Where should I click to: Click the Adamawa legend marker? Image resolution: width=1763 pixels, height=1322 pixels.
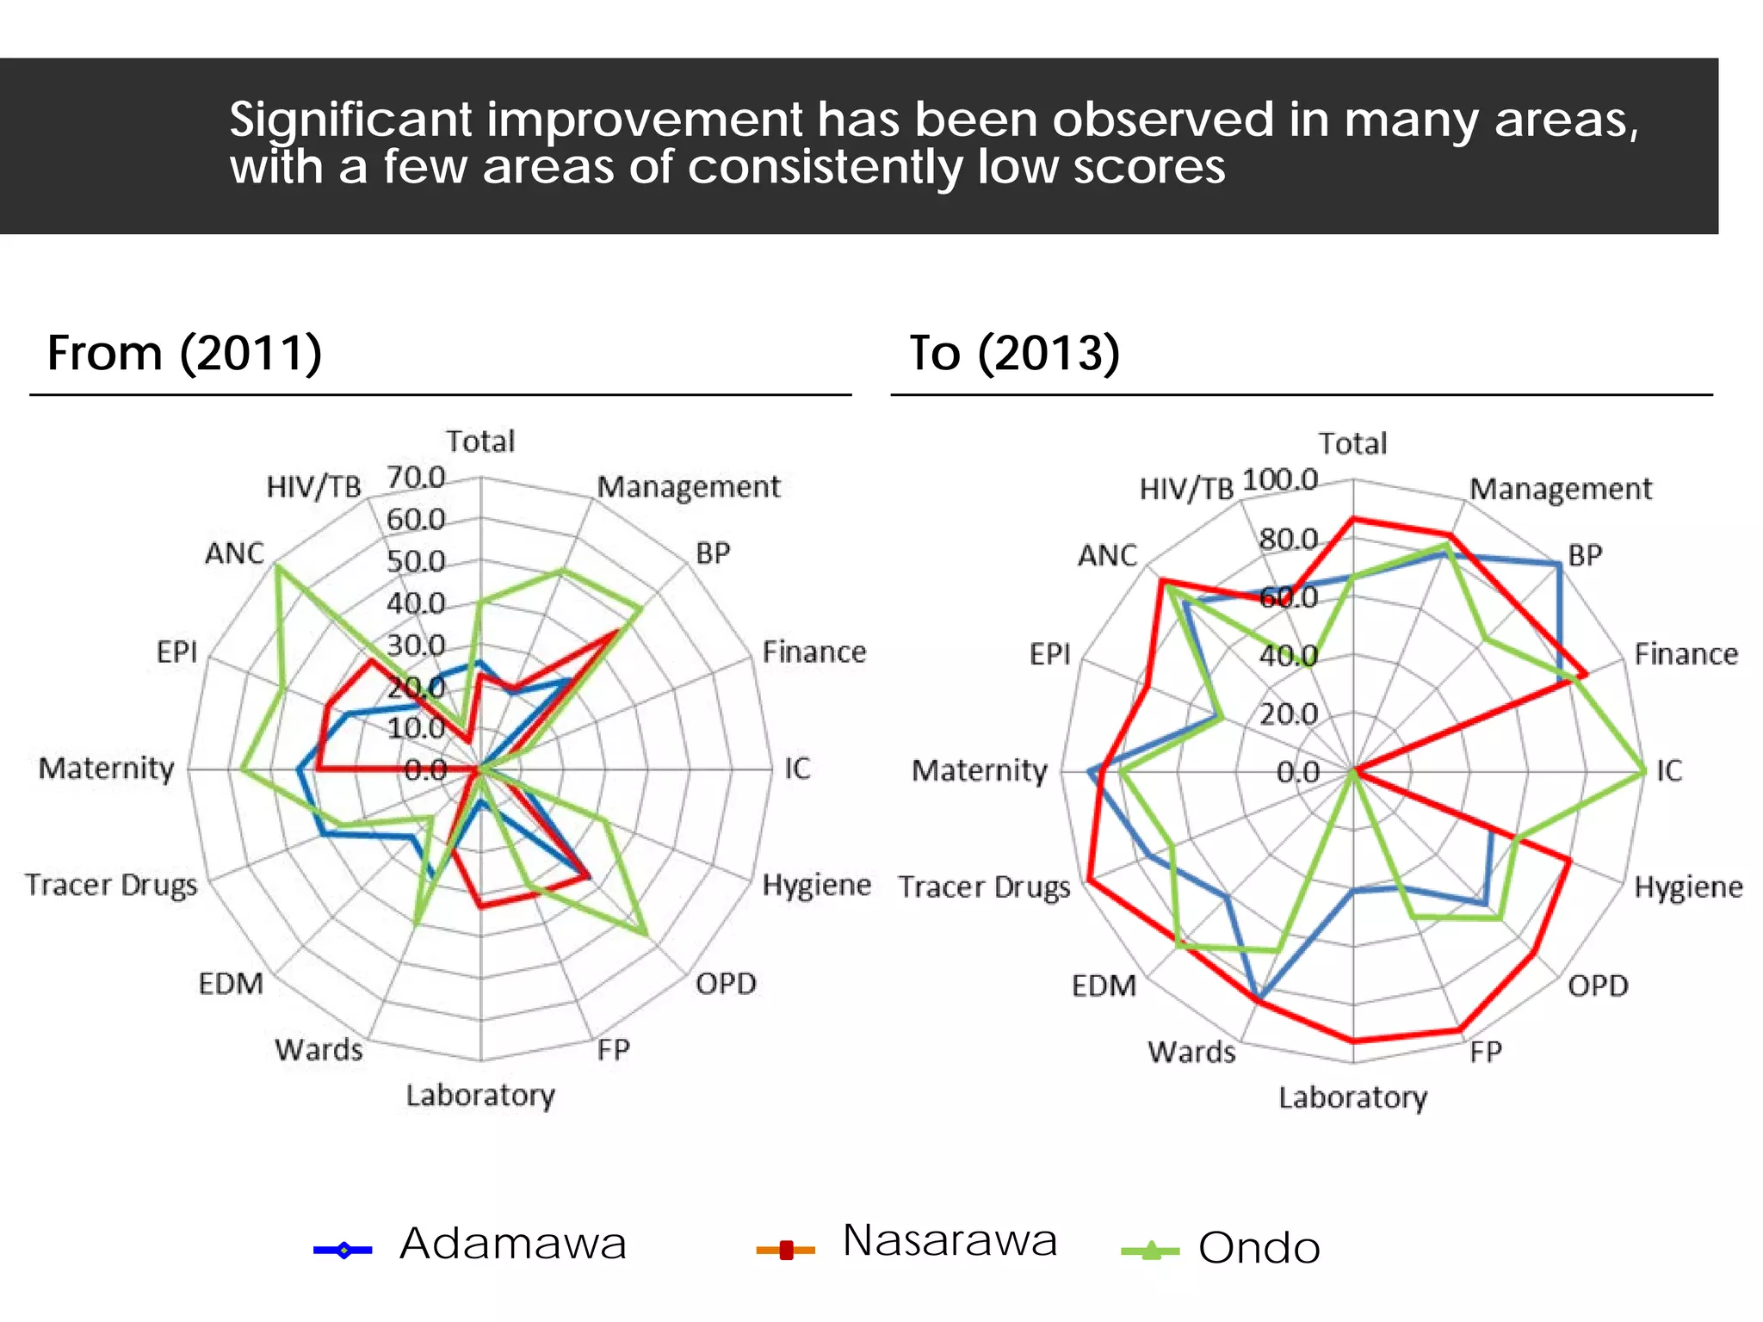click(343, 1250)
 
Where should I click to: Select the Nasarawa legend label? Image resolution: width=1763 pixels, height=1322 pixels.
click(950, 1240)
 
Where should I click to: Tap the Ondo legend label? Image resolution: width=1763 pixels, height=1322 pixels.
click(1259, 1248)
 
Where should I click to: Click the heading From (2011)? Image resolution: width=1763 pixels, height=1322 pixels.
click(184, 353)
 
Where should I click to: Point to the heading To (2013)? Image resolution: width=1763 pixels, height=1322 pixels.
click(1014, 353)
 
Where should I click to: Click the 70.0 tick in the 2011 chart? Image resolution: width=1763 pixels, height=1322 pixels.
click(416, 477)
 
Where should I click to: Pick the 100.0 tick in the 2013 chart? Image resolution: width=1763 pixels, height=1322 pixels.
click(1280, 479)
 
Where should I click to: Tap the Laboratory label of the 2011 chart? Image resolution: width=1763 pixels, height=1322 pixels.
click(480, 1096)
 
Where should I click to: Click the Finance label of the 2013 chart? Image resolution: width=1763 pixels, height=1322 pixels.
click(1686, 654)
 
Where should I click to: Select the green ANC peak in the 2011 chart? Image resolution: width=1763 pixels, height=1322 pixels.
click(277, 565)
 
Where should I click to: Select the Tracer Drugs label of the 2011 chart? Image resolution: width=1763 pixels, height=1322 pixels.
click(111, 885)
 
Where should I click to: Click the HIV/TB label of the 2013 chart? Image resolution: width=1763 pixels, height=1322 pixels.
click(1186, 490)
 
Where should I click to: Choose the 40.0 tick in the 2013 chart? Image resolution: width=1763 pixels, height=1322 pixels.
click(1288, 656)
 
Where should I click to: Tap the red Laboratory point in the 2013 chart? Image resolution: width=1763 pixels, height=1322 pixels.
click(1353, 1041)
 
